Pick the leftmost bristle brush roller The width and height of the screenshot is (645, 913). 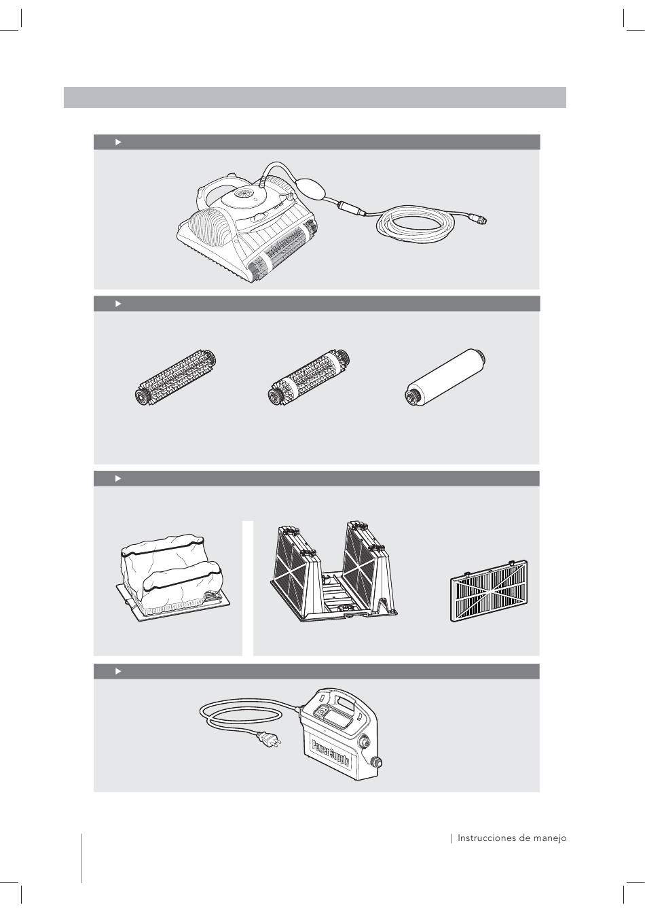click(x=175, y=378)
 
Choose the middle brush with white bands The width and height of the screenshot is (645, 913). click(x=309, y=378)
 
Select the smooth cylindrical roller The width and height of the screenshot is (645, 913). click(x=445, y=376)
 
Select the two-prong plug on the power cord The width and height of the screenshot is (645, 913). click(x=270, y=738)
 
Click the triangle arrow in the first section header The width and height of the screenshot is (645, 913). click(x=118, y=142)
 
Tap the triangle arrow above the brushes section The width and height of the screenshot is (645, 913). click(x=118, y=304)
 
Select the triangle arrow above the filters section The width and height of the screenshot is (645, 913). click(x=118, y=478)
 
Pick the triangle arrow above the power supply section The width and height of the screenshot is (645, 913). click(x=118, y=671)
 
